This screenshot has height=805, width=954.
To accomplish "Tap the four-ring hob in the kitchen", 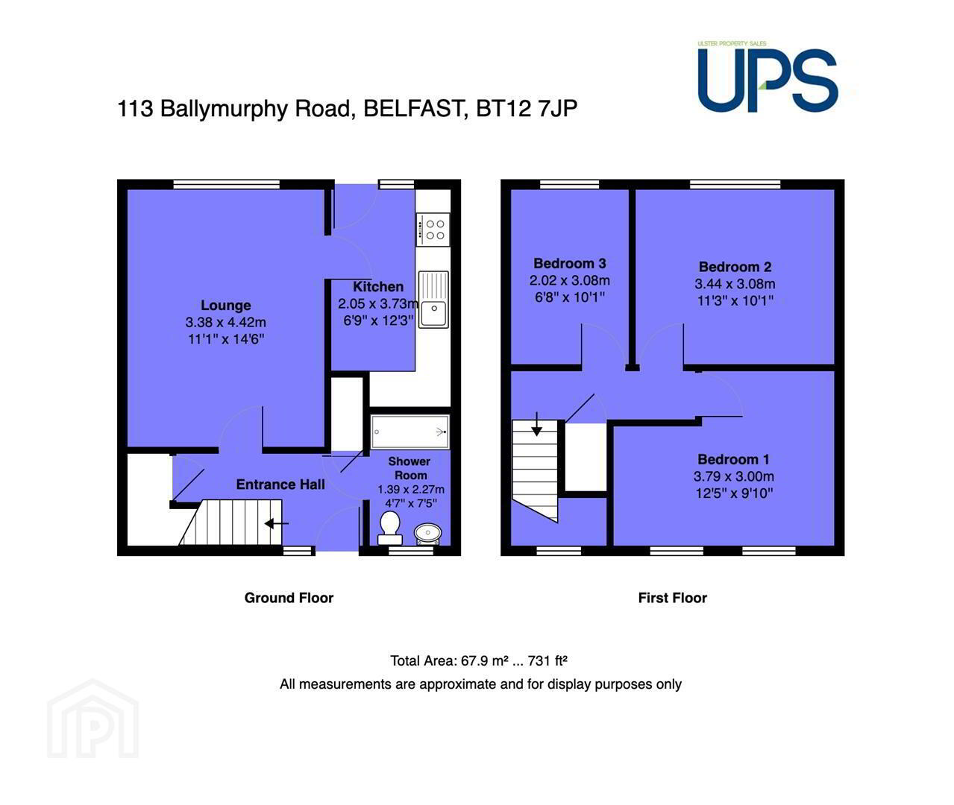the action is (x=433, y=230).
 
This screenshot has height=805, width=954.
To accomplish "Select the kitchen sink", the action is (x=433, y=300).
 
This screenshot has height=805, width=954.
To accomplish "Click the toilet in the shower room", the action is (x=390, y=528).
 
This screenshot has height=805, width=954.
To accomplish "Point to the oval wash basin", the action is (x=427, y=534).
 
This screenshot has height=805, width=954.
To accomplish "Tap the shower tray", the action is (x=409, y=432).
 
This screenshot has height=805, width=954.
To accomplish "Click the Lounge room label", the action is (x=226, y=306).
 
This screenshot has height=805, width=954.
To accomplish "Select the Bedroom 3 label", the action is (x=570, y=263).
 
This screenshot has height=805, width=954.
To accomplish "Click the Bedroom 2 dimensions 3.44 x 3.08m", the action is (x=735, y=284).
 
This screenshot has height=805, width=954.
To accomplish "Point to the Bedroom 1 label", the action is (x=733, y=459).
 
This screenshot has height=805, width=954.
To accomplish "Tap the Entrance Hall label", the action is (x=280, y=484).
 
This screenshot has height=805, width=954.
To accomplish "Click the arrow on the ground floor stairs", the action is (x=277, y=523).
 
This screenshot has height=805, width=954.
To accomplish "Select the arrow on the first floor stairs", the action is (x=536, y=424).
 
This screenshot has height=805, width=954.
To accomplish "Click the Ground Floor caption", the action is (x=289, y=598).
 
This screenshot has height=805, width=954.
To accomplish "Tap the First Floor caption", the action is (x=672, y=598).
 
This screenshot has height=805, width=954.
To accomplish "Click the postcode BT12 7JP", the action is (x=527, y=109).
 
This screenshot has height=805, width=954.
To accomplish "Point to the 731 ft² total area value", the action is (x=547, y=660).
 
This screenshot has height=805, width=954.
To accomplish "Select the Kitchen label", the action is (x=378, y=287).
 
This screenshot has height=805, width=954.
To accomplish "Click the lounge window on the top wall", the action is (x=226, y=184).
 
